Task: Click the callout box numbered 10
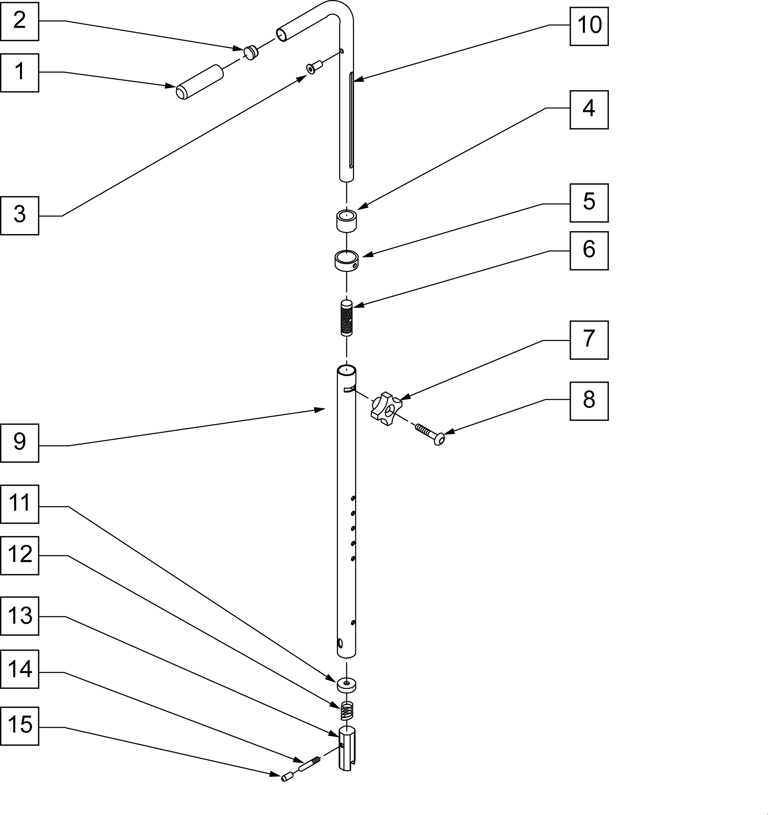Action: pos(589,26)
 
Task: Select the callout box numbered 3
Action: pos(20,215)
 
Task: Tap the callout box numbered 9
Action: pos(20,443)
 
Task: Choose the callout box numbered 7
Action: pos(589,340)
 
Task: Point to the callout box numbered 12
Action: pos(20,556)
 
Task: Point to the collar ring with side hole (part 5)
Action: pos(347,261)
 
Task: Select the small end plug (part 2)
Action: pos(251,53)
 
